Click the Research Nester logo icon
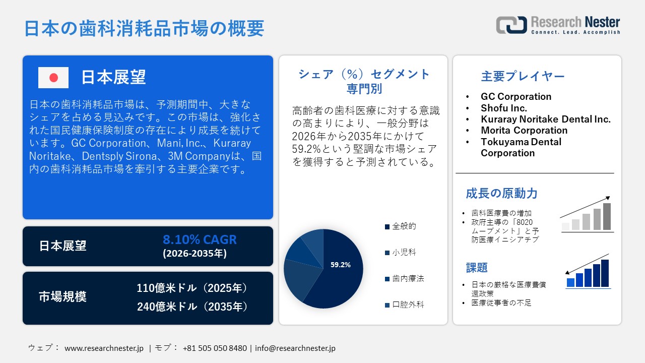[x=511, y=25]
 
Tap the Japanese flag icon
[x=53, y=78]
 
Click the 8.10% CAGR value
[x=200, y=239]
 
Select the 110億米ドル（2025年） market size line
[x=192, y=288]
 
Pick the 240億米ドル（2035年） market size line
[x=192, y=306]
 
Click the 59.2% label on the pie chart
[x=341, y=265]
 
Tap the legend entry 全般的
[x=404, y=226]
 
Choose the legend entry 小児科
[x=404, y=253]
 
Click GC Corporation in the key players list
[x=516, y=96]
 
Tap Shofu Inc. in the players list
[x=504, y=108]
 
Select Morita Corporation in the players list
[x=524, y=131]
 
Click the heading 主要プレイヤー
[x=523, y=76]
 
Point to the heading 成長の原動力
[x=501, y=193]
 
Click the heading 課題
[x=477, y=268]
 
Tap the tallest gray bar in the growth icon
[x=607, y=216]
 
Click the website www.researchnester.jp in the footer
[x=104, y=348]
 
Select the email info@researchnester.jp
[x=295, y=348]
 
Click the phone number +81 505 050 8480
[x=215, y=348]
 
